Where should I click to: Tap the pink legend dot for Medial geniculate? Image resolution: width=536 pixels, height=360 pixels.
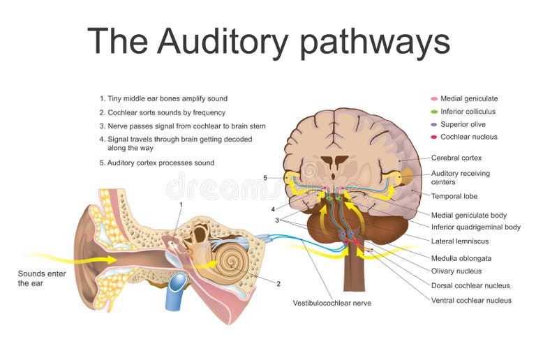[x=434, y=98]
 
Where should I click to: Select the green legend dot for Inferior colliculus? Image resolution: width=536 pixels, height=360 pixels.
[x=434, y=111]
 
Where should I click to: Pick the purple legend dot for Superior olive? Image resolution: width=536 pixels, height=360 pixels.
[x=434, y=124]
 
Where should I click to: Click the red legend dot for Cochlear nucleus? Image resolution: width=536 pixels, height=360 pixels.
[x=434, y=137]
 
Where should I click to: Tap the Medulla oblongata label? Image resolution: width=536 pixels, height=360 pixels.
[x=461, y=257]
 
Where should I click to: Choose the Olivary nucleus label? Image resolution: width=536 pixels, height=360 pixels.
[x=456, y=271]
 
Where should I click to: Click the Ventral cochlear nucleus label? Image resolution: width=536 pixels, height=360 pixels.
[x=470, y=300]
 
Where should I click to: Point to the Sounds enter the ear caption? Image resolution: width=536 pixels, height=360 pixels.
[x=42, y=278]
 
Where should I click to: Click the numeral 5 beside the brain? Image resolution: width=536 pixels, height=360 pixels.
[x=265, y=178]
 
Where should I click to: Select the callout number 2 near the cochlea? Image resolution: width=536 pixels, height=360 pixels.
[x=278, y=283]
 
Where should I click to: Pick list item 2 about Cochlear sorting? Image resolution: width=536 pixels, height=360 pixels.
[x=156, y=112]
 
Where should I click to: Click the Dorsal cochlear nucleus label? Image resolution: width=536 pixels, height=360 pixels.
[x=470, y=285]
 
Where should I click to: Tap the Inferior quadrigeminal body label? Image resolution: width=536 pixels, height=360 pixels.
[x=475, y=227]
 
